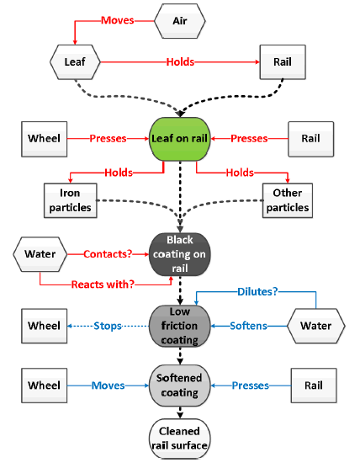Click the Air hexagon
click(x=180, y=21)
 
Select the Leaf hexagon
click(x=75, y=62)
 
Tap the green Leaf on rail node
click(x=179, y=139)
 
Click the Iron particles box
click(x=71, y=200)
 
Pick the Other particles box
click(x=288, y=200)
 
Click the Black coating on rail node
click(x=179, y=254)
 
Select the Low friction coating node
click(x=179, y=326)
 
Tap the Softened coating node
click(x=179, y=386)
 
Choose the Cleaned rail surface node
click(x=179, y=439)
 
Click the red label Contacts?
click(x=108, y=254)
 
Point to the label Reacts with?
click(x=103, y=285)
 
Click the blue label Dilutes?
click(x=257, y=291)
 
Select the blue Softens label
click(x=248, y=326)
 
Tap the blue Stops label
click(x=108, y=326)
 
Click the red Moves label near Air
click(x=118, y=20)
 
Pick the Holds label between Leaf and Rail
click(x=180, y=62)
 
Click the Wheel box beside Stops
click(x=44, y=326)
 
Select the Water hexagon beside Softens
click(x=316, y=326)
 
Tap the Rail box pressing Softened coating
click(x=314, y=386)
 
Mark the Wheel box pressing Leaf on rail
click(x=44, y=139)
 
